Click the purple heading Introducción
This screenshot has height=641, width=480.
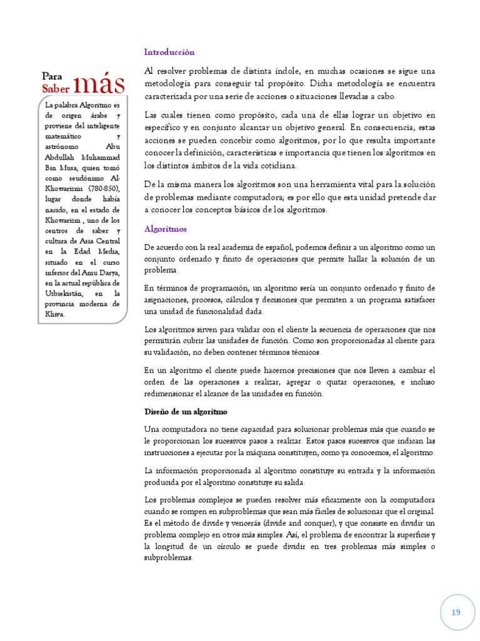pos(169,53)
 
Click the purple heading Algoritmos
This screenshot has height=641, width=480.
pos(166,229)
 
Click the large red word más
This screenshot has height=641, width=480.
pos(99,85)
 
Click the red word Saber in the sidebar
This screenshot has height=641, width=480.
pos(56,90)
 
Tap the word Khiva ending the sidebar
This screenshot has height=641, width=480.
pos(54,314)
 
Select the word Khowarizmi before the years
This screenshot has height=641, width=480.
pos(62,189)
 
